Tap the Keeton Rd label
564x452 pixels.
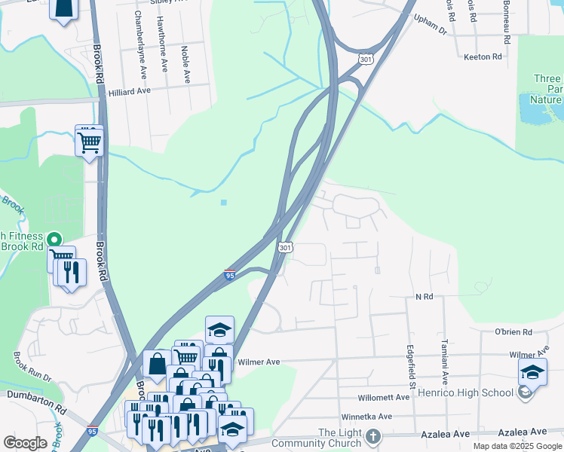(x=483, y=57)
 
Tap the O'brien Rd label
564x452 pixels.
(x=513, y=332)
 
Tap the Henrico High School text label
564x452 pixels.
(x=475, y=392)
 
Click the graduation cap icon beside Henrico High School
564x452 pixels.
(x=532, y=373)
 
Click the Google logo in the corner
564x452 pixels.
(x=25, y=443)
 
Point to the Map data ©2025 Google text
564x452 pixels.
(x=517, y=446)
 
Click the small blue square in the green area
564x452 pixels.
(x=224, y=202)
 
